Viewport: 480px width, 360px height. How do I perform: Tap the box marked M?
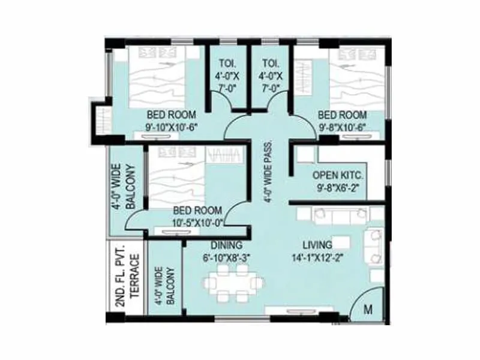(x=368, y=310)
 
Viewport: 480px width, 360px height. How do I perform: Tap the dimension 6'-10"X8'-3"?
(x=226, y=258)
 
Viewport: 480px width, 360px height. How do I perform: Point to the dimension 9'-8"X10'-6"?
(x=342, y=127)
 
